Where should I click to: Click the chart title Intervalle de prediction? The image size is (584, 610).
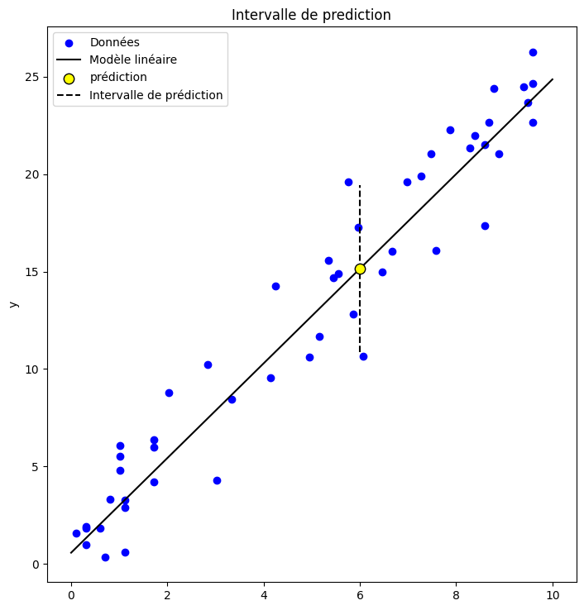pos(311,15)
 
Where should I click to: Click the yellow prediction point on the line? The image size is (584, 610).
pos(360,269)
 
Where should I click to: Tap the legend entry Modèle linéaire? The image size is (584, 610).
pos(133,60)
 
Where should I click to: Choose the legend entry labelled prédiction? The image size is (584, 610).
pos(118,78)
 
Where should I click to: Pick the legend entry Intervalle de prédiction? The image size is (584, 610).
pos(156,95)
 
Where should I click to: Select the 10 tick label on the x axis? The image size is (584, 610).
pos(552,594)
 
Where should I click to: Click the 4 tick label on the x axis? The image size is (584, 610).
pos(263,594)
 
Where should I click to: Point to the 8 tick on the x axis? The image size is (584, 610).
pos(456,594)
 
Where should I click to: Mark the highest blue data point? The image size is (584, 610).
pos(533,52)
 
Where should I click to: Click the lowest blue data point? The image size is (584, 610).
pos(105,557)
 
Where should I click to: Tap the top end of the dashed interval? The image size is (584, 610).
pos(360,186)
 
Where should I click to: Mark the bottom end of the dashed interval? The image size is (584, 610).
pos(360,353)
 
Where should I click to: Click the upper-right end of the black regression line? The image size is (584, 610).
pos(552,79)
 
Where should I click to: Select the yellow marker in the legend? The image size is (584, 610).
pos(69,79)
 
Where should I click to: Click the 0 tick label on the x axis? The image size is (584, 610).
pos(71,594)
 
